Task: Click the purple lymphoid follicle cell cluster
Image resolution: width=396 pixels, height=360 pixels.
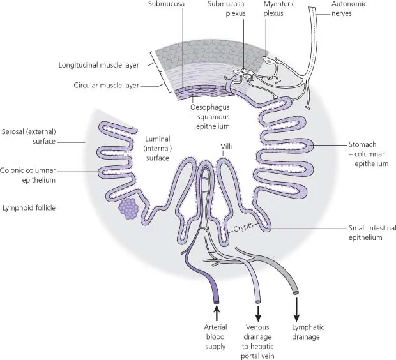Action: (128, 208)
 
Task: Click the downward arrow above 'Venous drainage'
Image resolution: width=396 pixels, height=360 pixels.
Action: (259, 313)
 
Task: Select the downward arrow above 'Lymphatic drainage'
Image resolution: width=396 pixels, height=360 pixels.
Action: (296, 313)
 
